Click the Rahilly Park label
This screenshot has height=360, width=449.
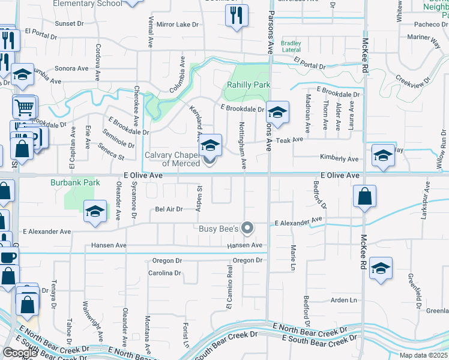(x=249, y=85)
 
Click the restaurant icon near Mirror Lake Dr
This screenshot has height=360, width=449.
(x=237, y=16)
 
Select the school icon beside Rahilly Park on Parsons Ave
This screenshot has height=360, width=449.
(x=277, y=112)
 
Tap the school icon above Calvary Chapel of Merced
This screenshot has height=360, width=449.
(x=210, y=145)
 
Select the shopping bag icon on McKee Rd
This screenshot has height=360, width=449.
(x=364, y=196)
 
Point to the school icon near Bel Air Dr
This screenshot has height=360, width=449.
(x=94, y=212)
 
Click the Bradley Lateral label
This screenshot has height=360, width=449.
(x=291, y=47)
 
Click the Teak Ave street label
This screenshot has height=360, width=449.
(x=291, y=140)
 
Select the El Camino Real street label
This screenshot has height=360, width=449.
(x=229, y=289)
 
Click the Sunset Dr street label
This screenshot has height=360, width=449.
(x=70, y=24)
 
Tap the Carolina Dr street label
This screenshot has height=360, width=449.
(x=164, y=273)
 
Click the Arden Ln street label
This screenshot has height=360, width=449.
(x=344, y=300)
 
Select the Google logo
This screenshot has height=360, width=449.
(x=20, y=352)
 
